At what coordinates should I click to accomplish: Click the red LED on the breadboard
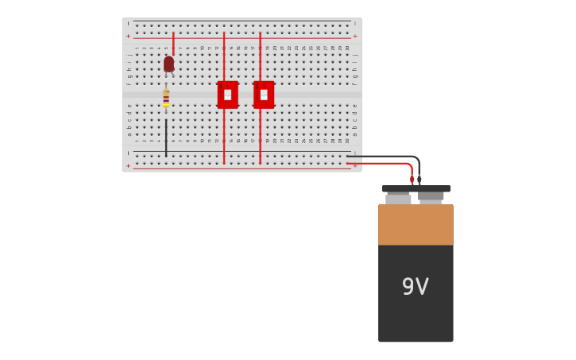[168, 64]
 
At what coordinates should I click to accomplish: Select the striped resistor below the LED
[166, 99]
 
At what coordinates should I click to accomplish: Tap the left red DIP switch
[227, 95]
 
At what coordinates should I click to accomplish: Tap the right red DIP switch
[264, 95]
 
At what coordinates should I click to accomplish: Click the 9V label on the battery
[415, 287]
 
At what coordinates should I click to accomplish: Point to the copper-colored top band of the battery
[416, 225]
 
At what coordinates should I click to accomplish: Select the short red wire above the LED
[173, 44]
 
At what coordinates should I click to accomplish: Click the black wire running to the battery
[389, 157]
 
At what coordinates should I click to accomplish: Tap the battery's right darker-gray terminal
[431, 196]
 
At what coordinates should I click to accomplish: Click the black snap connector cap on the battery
[416, 189]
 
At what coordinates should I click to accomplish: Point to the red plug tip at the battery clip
[412, 180]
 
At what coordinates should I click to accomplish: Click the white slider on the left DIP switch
[227, 95]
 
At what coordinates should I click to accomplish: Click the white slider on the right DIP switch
[264, 95]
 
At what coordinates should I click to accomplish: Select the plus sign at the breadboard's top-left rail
[128, 36]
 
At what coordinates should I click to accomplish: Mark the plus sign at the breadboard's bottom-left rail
[128, 166]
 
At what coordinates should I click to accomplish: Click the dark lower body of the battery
[416, 310]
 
